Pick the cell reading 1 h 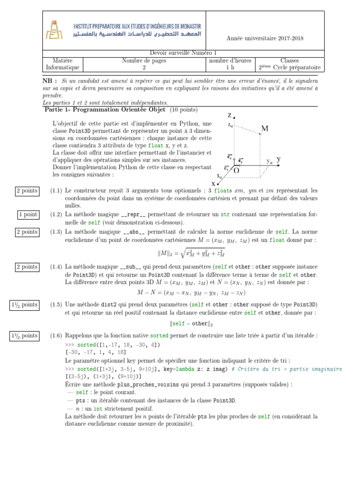pyautogui.click(x=230, y=67)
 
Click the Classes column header pyautogui.click(x=289, y=60)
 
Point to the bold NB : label pyautogui.click(x=50, y=81)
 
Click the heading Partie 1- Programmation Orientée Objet pyautogui.click(x=105, y=110)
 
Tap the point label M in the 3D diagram pyautogui.click(x=265, y=128)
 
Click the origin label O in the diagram pyautogui.click(x=236, y=171)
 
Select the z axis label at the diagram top pyautogui.click(x=230, y=115)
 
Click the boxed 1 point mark pyautogui.click(x=28, y=214)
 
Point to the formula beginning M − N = pyautogui.click(x=191, y=293)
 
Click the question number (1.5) pyautogui.click(x=56, y=304)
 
